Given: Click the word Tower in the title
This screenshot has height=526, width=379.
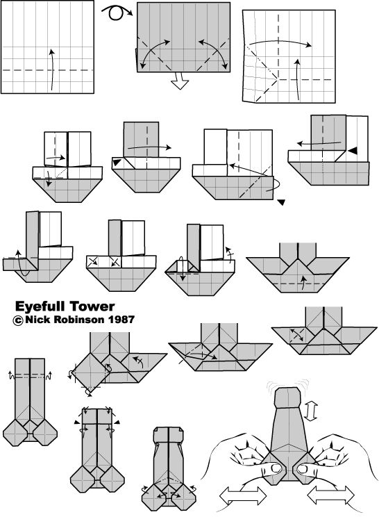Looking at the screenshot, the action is [x=92, y=306].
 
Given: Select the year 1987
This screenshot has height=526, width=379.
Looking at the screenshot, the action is [x=121, y=319].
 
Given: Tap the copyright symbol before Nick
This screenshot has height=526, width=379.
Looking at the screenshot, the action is [x=18, y=320].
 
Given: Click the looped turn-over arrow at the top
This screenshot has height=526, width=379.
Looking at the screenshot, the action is [x=117, y=12].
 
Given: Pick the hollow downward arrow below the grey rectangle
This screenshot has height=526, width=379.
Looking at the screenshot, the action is [x=180, y=81].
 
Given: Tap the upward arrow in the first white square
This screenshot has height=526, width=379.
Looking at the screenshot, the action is [x=51, y=69].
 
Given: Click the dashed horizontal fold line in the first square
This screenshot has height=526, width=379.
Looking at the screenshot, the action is [x=47, y=70].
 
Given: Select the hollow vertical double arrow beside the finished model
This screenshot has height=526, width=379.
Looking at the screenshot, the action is [x=311, y=411].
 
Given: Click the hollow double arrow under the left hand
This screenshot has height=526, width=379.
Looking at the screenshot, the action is [x=243, y=496].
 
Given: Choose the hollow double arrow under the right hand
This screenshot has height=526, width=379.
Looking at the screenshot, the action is [x=330, y=495].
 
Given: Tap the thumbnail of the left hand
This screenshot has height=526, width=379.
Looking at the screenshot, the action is [x=276, y=468].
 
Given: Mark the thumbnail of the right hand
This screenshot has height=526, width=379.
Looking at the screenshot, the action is [x=303, y=469].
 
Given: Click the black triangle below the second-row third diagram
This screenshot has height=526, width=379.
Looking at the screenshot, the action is [x=281, y=202].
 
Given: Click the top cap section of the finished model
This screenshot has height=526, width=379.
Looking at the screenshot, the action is [x=287, y=398].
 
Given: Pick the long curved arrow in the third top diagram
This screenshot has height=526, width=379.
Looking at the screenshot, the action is [x=281, y=42].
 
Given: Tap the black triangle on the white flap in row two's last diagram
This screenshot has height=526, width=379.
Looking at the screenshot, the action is [x=352, y=151].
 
